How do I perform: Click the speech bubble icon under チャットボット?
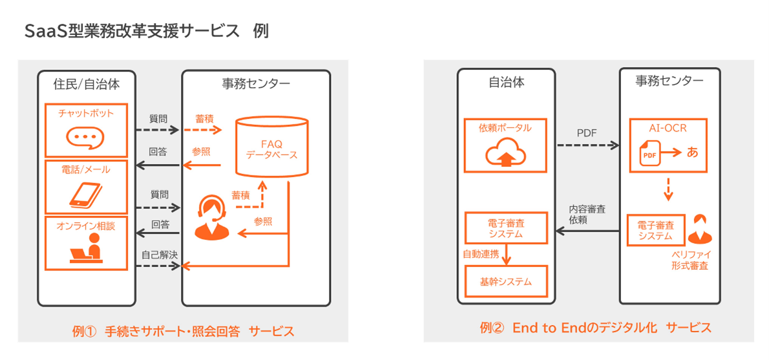tap(85, 137)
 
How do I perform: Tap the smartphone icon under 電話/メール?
tap(85, 194)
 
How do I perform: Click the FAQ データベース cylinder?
tap(271, 146)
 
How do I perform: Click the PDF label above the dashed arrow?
tap(587, 133)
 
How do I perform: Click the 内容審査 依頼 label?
tap(587, 215)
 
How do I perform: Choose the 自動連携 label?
tap(480, 254)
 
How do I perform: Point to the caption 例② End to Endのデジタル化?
tap(595, 328)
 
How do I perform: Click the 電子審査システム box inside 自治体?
tap(506, 228)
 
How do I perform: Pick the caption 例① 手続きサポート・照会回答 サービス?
tap(184, 332)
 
